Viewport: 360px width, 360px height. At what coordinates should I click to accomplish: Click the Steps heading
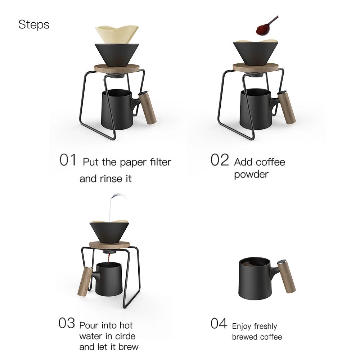pos(33,24)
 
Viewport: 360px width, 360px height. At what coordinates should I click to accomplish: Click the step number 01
pos(68,160)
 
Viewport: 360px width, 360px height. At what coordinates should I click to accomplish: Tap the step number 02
pos(219,160)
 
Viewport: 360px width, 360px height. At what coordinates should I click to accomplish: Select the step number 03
pos(67,323)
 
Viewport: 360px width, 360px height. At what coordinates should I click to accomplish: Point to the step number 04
pos(219,323)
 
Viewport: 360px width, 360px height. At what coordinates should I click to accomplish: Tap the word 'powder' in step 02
pos(251,175)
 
